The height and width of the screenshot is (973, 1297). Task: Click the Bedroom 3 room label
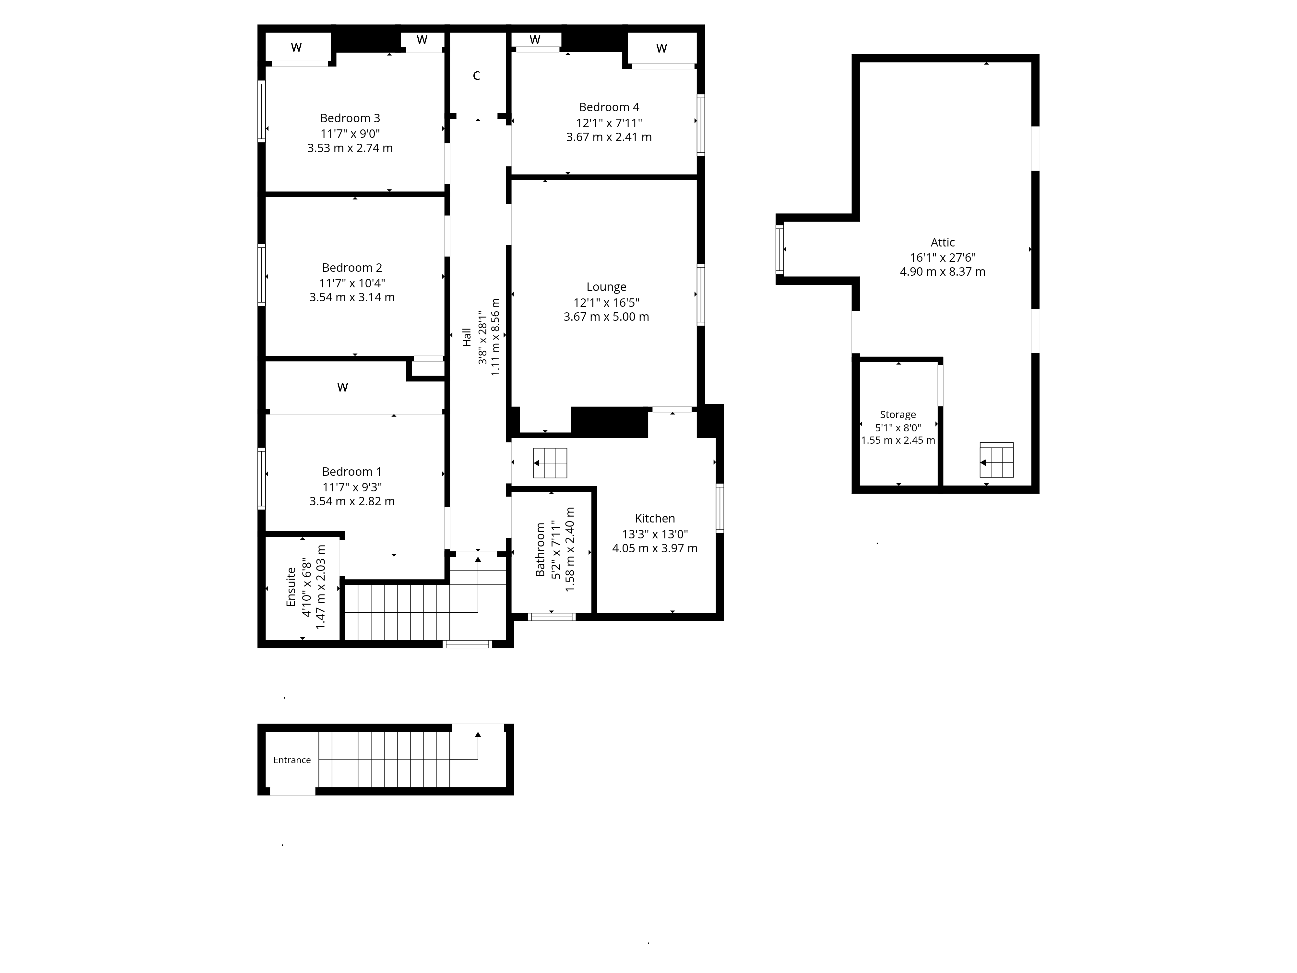pos(350,118)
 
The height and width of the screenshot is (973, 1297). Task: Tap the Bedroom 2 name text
pos(352,268)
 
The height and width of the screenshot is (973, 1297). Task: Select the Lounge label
pos(606,287)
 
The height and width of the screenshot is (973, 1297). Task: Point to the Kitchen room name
pos(655,519)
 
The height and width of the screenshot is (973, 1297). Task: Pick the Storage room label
pos(898,414)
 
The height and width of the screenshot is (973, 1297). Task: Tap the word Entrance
pos(292,760)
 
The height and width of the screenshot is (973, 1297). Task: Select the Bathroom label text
pos(540,549)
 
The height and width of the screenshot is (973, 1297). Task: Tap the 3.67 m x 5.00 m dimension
pos(606,317)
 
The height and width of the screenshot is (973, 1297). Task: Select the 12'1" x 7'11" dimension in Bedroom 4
pos(609,123)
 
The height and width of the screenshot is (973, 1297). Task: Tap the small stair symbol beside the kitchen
pos(550,463)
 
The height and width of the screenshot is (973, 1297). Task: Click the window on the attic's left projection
pos(780,249)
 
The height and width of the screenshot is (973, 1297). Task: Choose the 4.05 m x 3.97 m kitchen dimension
pos(655,548)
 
